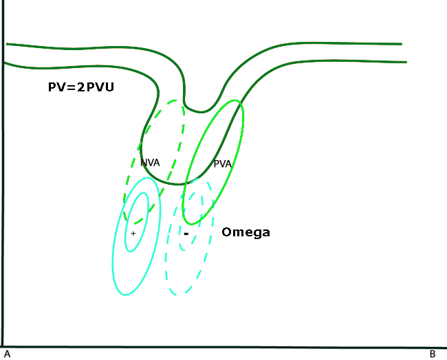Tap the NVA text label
(151, 163)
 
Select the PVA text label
(223, 164)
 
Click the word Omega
(246, 233)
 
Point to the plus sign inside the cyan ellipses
(133, 234)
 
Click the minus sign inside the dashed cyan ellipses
(186, 234)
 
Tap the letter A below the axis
(6, 355)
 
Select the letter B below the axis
(433, 355)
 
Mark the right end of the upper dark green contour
(401, 44)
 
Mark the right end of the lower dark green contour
(406, 63)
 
